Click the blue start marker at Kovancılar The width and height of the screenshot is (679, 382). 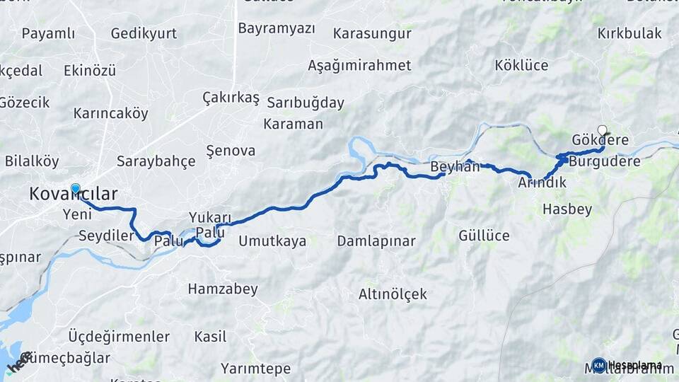pyautogui.click(x=76, y=189)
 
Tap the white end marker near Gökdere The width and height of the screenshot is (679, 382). pyautogui.click(x=602, y=130)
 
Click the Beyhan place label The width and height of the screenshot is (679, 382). pyautogui.click(x=455, y=168)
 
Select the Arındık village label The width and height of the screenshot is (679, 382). pyautogui.click(x=542, y=183)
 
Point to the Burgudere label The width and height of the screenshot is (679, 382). pyautogui.click(x=605, y=161)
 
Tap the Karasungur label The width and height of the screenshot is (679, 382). pyautogui.click(x=372, y=33)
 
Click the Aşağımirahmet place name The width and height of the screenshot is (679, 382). pyautogui.click(x=359, y=65)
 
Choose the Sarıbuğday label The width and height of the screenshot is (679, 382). pyautogui.click(x=305, y=103)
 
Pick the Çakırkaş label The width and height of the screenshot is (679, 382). pyautogui.click(x=231, y=98)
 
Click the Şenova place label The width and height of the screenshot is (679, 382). pyautogui.click(x=230, y=150)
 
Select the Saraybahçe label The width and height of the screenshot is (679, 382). pyautogui.click(x=156, y=161)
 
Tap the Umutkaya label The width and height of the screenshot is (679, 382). pyautogui.click(x=272, y=241)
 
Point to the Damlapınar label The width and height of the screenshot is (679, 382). pyautogui.click(x=376, y=241)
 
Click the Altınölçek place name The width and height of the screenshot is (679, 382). pyautogui.click(x=393, y=294)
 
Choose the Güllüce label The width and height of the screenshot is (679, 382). pyautogui.click(x=484, y=236)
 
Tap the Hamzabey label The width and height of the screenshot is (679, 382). pyautogui.click(x=223, y=289)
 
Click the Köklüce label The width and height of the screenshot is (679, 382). pyautogui.click(x=521, y=65)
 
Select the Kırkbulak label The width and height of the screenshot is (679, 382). pyautogui.click(x=629, y=33)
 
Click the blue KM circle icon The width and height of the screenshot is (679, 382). pyautogui.click(x=599, y=365)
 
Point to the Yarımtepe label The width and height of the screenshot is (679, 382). pyautogui.click(x=255, y=369)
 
